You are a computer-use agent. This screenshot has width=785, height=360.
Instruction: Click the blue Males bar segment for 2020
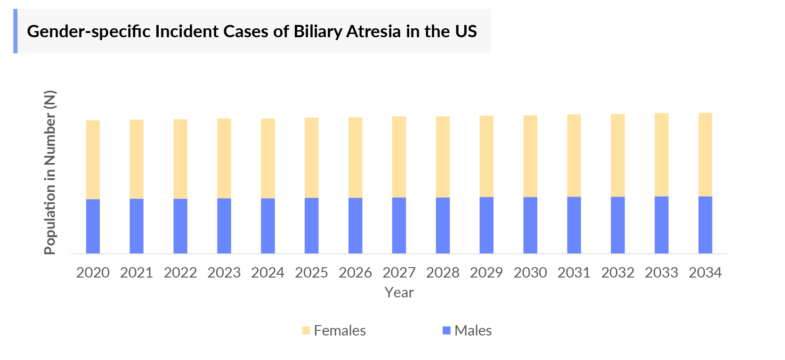(x=93, y=226)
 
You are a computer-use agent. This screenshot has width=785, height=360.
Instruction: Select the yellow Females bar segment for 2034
(x=705, y=155)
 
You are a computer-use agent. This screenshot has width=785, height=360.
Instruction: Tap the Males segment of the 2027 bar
(x=399, y=225)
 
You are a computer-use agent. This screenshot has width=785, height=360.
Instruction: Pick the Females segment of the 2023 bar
(x=224, y=158)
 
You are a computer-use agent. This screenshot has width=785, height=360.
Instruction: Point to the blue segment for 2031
(x=574, y=225)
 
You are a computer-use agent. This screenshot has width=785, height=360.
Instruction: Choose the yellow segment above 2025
(x=311, y=157)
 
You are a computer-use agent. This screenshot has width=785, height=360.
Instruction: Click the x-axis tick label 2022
(x=180, y=273)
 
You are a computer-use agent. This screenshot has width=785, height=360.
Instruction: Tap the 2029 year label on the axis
(x=486, y=273)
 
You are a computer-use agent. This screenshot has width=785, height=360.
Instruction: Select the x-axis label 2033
(x=661, y=273)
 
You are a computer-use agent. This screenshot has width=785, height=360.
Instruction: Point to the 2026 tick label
(x=355, y=273)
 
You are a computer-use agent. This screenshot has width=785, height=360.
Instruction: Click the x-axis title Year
(x=399, y=293)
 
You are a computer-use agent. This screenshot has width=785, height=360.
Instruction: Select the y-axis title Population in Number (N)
(x=50, y=172)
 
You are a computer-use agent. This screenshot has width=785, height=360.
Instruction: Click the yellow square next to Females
(x=306, y=330)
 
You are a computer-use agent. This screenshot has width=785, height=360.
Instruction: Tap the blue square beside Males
(x=446, y=330)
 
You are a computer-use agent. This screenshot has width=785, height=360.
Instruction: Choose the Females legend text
(x=340, y=330)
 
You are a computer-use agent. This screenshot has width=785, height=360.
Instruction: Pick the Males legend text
(x=473, y=330)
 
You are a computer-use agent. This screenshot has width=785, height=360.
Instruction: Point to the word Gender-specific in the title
(x=89, y=32)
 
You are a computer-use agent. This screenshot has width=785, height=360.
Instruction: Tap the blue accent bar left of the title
(x=15, y=31)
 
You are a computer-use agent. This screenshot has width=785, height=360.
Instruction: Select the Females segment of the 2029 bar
(x=486, y=156)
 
